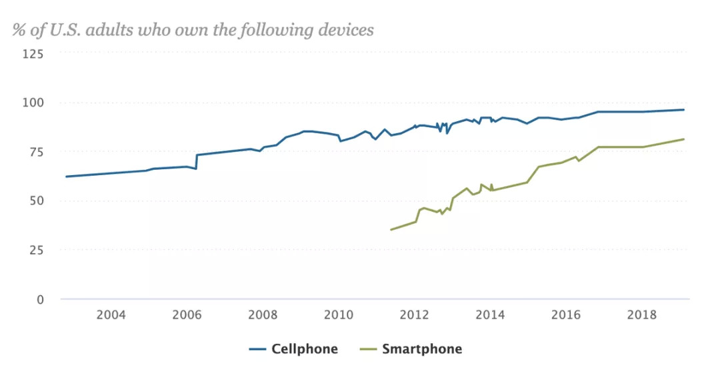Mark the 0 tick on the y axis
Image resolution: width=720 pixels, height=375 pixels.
[x=40, y=299]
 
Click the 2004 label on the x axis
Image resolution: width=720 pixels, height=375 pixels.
[x=110, y=315]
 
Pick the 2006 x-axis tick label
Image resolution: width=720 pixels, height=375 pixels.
[x=186, y=315]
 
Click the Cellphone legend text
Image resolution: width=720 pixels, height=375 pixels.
[x=304, y=349]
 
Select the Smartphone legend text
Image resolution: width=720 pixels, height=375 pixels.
[x=421, y=349]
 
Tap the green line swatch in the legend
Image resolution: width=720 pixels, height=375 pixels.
[x=369, y=349]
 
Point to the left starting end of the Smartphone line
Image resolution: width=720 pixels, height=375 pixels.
[x=391, y=230]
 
